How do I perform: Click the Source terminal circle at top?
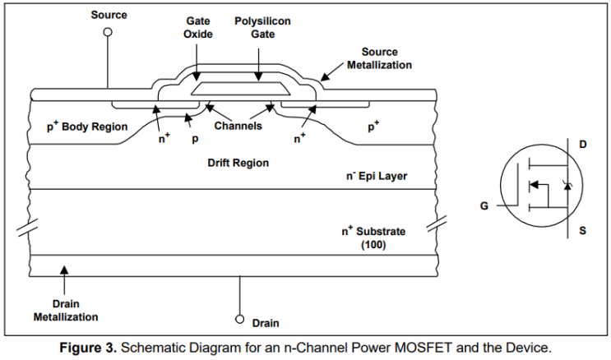108,32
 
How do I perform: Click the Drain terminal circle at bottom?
239,318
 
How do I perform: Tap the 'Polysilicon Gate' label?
262,29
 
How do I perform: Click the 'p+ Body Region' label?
87,127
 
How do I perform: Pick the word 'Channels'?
238,127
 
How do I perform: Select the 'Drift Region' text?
238,163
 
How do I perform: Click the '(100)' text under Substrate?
375,244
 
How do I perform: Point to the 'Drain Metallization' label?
66,311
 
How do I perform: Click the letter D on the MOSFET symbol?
582,145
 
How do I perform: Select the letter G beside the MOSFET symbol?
485,205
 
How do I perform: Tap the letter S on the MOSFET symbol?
582,231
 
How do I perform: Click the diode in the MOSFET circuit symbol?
566,186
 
